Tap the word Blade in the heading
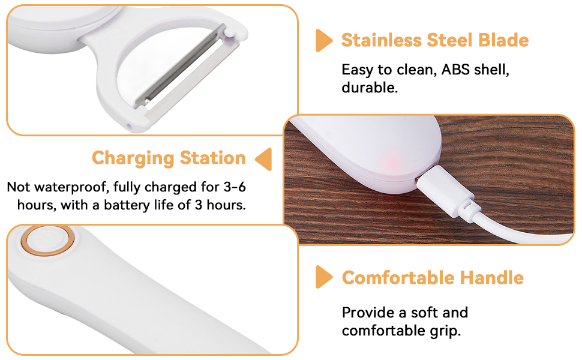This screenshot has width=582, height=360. point(503,41)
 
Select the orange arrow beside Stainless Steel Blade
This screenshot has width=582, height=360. point(324,40)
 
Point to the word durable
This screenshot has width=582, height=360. point(369,88)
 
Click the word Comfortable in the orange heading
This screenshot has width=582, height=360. point(397,278)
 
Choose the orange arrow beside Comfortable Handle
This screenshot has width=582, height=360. point(324,277)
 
